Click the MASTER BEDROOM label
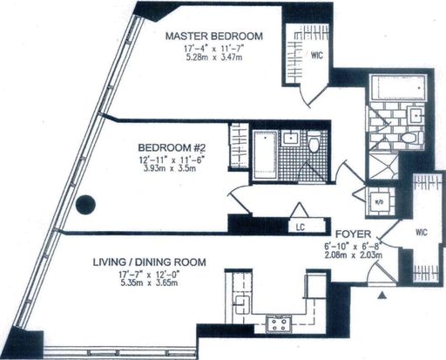click(214, 36)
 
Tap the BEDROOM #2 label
click(172, 147)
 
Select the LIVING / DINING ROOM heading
click(149, 262)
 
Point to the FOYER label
click(353, 234)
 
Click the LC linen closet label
click(301, 227)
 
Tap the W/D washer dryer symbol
click(379, 202)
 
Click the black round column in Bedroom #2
click(85, 205)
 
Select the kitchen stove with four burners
click(279, 324)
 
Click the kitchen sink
click(242, 304)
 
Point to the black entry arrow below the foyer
click(382, 295)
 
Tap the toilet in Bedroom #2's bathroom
click(314, 142)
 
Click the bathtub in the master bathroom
click(398, 87)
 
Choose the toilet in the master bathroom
click(412, 138)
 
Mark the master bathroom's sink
click(416, 116)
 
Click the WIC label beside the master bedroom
click(317, 55)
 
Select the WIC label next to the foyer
click(422, 232)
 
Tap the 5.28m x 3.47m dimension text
click(214, 57)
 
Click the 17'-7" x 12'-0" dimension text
click(149, 274)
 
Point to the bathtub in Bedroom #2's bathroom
click(265, 155)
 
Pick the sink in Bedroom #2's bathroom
click(290, 138)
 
